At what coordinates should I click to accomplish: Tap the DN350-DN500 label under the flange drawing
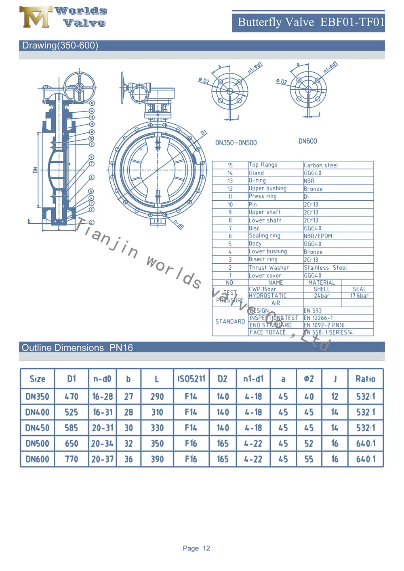click(236, 143)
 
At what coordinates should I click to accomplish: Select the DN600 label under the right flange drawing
click(308, 141)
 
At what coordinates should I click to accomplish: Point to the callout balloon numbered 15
click(92, 103)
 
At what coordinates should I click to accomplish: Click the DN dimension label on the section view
click(35, 170)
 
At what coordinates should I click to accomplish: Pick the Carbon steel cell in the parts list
click(321, 165)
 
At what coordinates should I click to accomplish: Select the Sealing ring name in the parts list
click(265, 236)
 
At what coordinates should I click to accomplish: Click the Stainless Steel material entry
click(325, 268)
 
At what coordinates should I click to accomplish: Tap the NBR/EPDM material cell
click(318, 236)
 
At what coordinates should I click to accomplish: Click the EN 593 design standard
click(313, 311)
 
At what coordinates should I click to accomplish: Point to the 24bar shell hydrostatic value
click(322, 296)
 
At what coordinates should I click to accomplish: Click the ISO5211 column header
click(191, 379)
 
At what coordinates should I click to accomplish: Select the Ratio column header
click(365, 379)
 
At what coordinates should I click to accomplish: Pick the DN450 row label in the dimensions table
click(37, 428)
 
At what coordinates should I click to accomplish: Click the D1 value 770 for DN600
click(72, 460)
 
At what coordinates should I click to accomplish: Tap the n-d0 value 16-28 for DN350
click(103, 397)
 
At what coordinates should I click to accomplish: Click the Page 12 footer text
click(196, 548)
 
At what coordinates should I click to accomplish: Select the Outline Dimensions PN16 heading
click(77, 348)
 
